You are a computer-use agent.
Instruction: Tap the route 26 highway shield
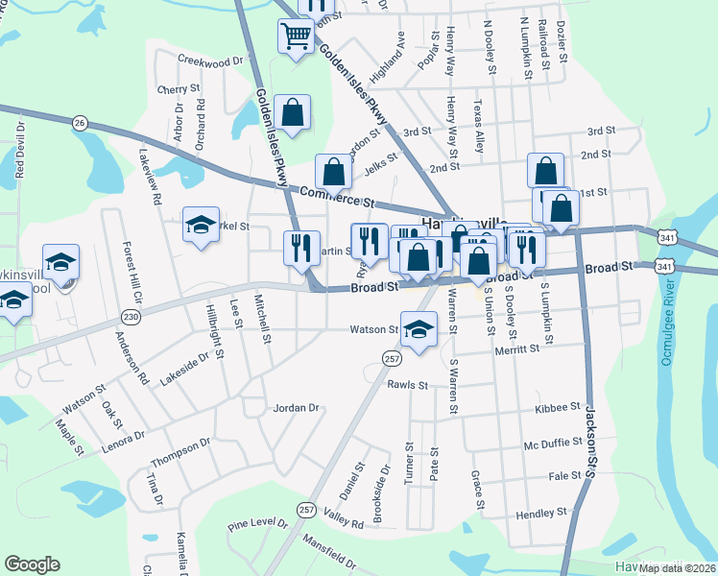click(80, 122)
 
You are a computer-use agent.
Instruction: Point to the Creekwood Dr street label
click(212, 61)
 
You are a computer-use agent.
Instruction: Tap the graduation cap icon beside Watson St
click(419, 331)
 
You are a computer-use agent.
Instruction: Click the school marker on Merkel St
click(201, 226)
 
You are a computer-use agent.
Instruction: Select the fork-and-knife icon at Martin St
click(300, 247)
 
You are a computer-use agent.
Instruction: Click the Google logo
click(32, 564)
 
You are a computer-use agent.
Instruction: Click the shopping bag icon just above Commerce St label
click(333, 173)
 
